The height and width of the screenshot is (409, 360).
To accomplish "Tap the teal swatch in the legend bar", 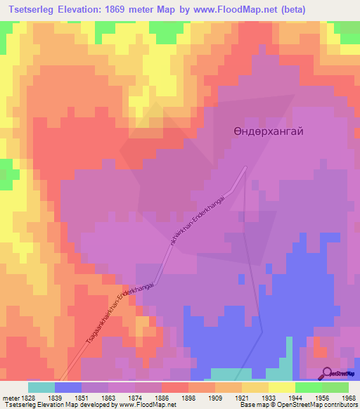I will (41, 387).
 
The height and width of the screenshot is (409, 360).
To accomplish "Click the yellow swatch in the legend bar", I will (282, 387).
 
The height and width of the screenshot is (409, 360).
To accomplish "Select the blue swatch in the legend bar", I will (68, 387).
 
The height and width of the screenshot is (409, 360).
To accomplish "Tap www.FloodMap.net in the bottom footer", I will (145, 404).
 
